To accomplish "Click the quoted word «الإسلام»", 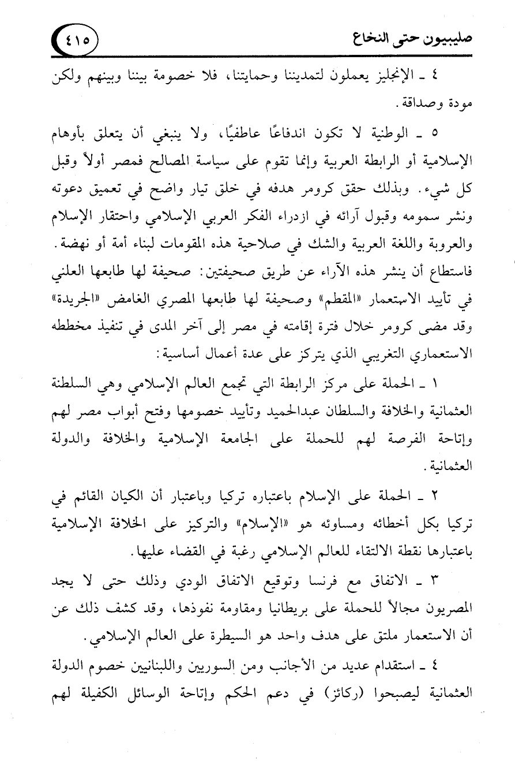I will point(239,528).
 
